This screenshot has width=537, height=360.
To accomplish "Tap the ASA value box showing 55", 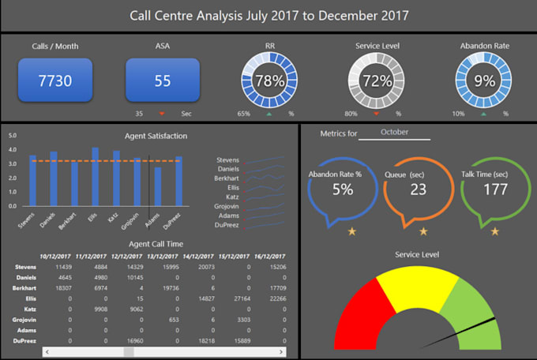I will (x=163, y=81).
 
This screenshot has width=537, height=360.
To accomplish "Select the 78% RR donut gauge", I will (x=269, y=81).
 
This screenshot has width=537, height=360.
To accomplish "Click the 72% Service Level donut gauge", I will (x=377, y=81).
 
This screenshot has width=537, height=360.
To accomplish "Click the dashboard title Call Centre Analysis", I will (x=268, y=15).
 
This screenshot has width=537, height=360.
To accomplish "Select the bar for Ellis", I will (x=96, y=177).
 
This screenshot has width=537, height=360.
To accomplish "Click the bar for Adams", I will (x=158, y=187).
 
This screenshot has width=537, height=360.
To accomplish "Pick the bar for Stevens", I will (x=33, y=181).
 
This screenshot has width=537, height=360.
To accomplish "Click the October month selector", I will (x=394, y=133).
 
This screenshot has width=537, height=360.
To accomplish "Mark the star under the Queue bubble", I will (x=423, y=231).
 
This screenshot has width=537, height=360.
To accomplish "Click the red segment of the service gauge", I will (x=355, y=312).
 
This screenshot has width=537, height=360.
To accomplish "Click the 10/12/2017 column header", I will (x=55, y=257).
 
